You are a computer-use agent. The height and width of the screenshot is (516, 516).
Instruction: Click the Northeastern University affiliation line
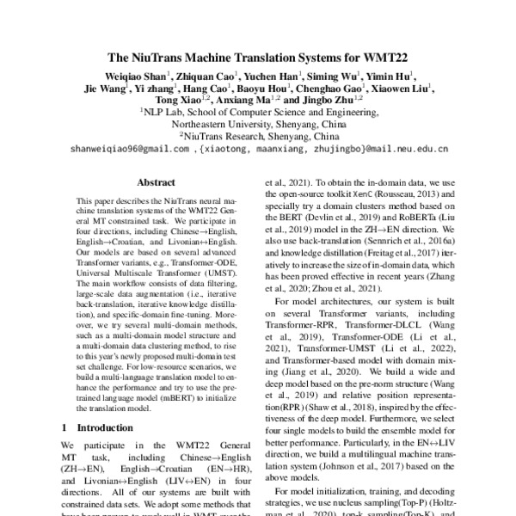point(258,124)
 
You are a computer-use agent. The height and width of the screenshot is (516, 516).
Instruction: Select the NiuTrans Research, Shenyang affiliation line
point(258,136)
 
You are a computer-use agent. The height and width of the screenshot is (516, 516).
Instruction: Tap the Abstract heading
point(157,183)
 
